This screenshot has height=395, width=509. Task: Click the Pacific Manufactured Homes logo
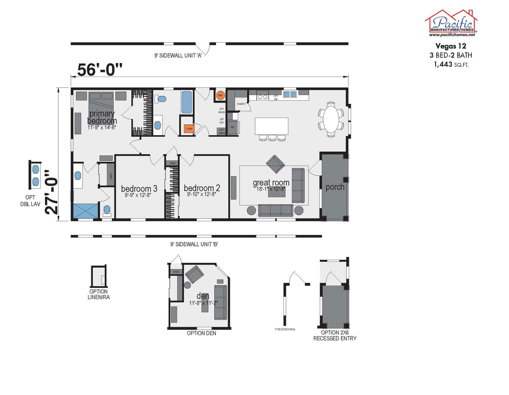(x=451, y=23)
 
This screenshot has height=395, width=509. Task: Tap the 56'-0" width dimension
(x=99, y=69)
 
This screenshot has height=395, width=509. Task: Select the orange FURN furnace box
(x=189, y=129)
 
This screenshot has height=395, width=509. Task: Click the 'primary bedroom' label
(x=101, y=118)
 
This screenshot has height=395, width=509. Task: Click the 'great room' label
(x=271, y=182)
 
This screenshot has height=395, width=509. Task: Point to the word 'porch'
(x=335, y=187)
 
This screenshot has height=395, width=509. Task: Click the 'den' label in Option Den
(x=203, y=296)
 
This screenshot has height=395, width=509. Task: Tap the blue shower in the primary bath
(x=86, y=211)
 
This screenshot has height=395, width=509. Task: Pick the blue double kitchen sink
(x=289, y=94)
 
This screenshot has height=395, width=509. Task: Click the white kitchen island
(x=271, y=126)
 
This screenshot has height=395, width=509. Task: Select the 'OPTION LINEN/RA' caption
(x=99, y=294)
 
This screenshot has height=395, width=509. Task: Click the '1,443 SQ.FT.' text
(x=451, y=64)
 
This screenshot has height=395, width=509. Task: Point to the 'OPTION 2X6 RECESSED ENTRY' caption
(x=335, y=335)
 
